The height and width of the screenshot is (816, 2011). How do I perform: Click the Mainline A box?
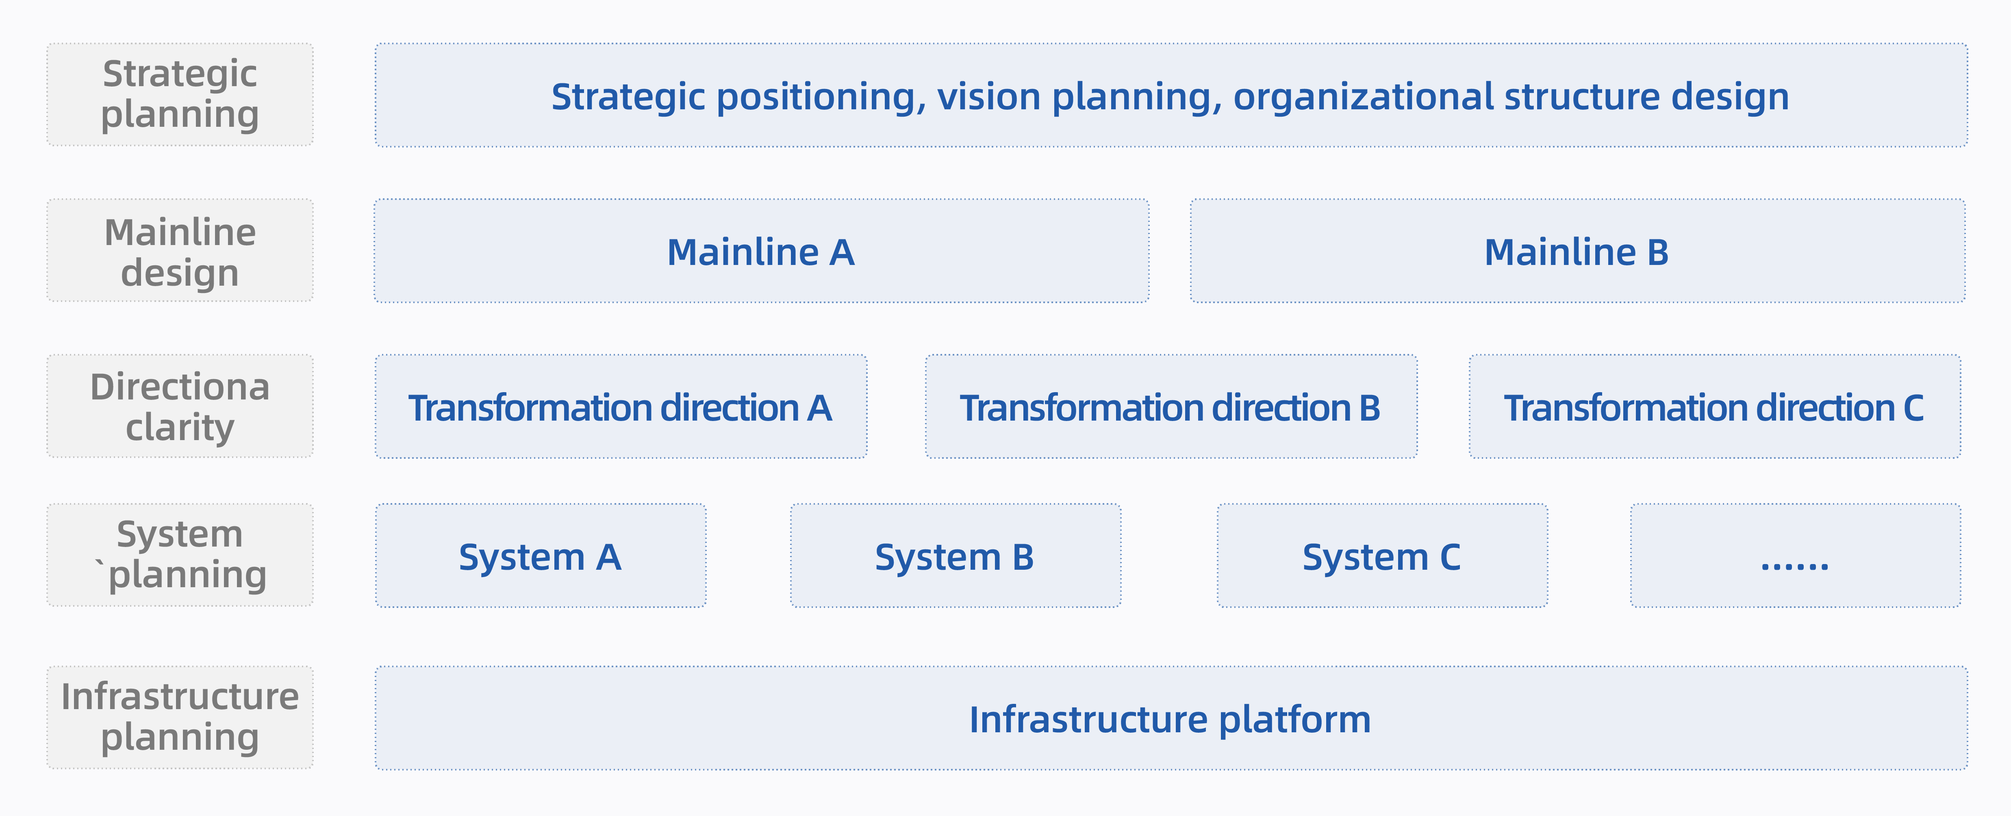[761, 251]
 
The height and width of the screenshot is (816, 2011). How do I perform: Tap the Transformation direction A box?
[621, 406]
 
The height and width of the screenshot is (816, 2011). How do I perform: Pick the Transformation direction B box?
[1171, 406]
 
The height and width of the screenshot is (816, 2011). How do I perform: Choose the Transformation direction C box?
[1714, 406]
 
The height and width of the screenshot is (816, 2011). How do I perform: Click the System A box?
[540, 555]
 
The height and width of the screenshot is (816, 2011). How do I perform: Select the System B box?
[956, 555]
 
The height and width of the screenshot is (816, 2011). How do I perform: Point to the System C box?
[1383, 555]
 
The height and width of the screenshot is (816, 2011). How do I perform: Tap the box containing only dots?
[1796, 555]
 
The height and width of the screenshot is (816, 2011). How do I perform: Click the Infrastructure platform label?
[1170, 719]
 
